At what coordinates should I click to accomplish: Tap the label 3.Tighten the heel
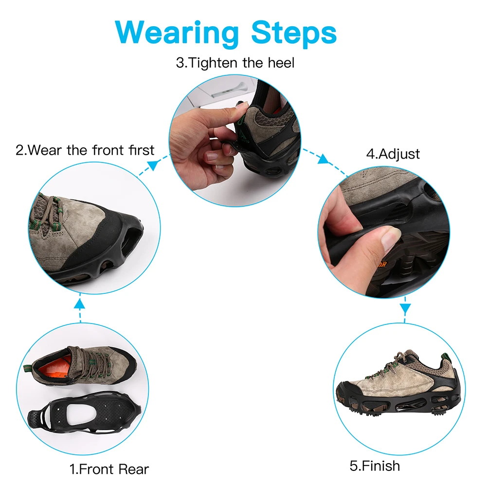pyautogui.click(x=235, y=63)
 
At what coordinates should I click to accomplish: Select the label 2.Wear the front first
pyautogui.click(x=85, y=149)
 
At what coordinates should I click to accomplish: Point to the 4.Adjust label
pyautogui.click(x=393, y=154)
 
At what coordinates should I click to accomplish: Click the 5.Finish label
pyautogui.click(x=375, y=466)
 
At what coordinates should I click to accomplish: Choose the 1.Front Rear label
pyautogui.click(x=108, y=469)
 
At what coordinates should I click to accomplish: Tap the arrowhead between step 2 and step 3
pyautogui.click(x=152, y=165)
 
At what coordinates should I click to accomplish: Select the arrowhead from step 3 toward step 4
pyautogui.click(x=323, y=159)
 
